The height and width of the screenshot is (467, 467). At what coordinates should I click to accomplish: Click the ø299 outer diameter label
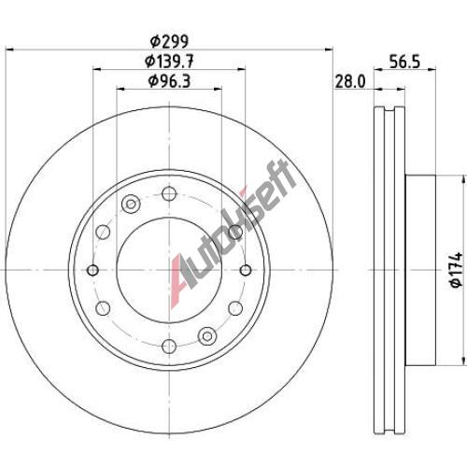pos(169,41)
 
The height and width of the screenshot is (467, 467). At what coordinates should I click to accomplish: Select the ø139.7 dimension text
pos(169,61)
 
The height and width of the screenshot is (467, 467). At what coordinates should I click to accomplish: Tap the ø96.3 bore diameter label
pos(169,81)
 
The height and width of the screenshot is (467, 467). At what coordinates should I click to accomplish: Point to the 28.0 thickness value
pos(349,82)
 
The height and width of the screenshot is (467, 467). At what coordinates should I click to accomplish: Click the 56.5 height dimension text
pos(404,62)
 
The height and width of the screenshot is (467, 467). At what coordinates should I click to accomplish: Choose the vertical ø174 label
pos(457,270)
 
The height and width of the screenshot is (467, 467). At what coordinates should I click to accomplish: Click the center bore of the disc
pos(169,270)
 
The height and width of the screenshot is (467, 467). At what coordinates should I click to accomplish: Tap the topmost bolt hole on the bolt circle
pos(169,193)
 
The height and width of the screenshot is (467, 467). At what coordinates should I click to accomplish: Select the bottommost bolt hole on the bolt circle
pos(169,346)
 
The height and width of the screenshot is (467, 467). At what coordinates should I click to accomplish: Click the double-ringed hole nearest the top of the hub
pos(131,205)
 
